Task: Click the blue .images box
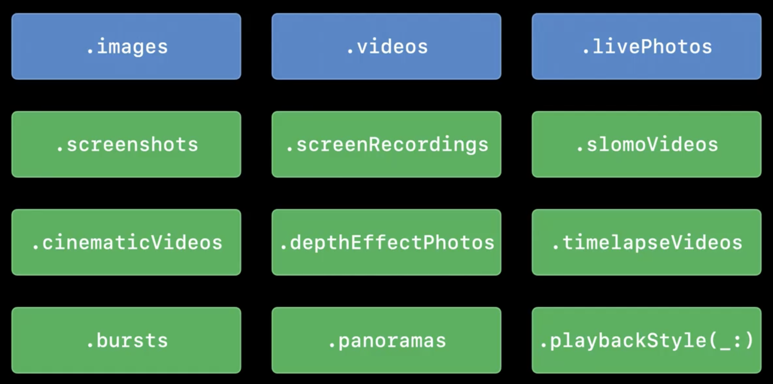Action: tap(126, 46)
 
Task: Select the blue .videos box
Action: tap(386, 46)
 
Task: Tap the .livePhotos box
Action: tap(646, 46)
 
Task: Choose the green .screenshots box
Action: tap(126, 144)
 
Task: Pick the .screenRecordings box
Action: tap(386, 144)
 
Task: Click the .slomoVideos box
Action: tap(646, 144)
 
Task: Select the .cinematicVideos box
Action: tap(126, 242)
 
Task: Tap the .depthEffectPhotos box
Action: tap(386, 242)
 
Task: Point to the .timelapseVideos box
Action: tap(646, 242)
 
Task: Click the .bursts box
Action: tap(126, 340)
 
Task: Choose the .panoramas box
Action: tap(386, 340)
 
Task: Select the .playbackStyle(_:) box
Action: tap(646, 340)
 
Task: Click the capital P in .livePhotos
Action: tap(648, 46)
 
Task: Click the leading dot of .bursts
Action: tap(90, 346)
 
